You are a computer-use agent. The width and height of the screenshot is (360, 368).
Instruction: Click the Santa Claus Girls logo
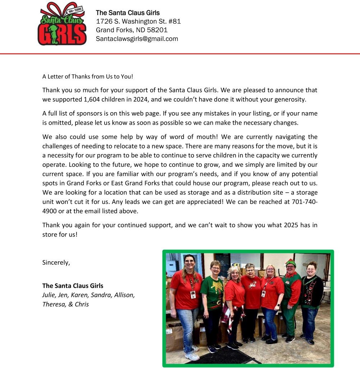coord(62,24)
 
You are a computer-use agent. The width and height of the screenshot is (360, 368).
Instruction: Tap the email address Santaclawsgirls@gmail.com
coord(137,39)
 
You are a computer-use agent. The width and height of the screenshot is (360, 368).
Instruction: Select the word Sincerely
coord(56,262)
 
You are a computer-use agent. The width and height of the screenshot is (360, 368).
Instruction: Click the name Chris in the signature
coord(82,304)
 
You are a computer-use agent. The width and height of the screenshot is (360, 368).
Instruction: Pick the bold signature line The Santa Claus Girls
coord(73,286)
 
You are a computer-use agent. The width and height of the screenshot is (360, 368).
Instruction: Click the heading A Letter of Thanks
coord(88,76)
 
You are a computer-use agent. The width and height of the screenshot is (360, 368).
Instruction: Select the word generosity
coord(286,99)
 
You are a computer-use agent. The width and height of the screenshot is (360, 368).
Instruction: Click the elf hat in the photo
coord(290,263)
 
